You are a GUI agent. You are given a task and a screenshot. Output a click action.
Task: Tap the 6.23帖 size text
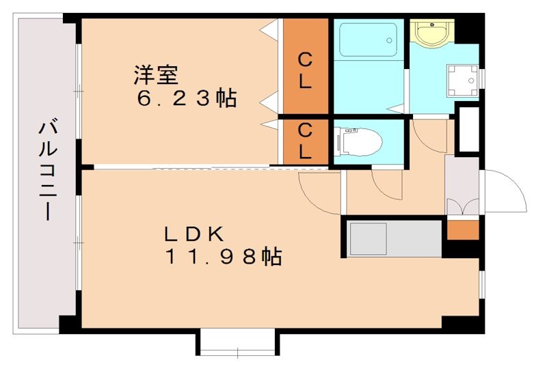click(x=186, y=98)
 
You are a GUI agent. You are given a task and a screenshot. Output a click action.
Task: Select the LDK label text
click(x=194, y=234)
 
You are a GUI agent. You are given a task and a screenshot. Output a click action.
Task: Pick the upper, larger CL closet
click(x=306, y=67)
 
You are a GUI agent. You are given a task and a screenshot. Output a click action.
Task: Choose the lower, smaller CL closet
click(x=306, y=141)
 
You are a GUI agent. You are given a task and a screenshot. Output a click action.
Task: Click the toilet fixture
click(x=358, y=141)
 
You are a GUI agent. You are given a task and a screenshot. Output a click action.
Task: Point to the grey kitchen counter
click(x=392, y=238)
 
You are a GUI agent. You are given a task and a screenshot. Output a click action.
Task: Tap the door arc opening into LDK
click(x=318, y=191)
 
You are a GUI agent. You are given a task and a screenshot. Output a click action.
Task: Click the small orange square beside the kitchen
click(x=463, y=230)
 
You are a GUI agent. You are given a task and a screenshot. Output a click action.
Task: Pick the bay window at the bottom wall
click(x=238, y=342)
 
